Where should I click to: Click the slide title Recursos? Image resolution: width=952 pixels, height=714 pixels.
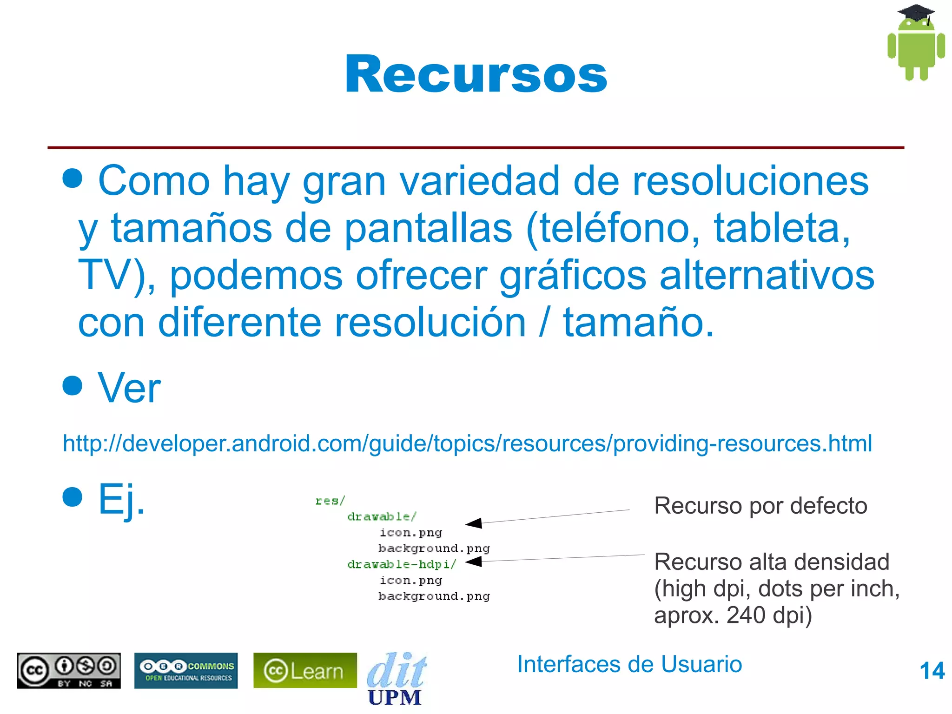(476, 74)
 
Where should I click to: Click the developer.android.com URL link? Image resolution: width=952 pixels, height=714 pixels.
(467, 443)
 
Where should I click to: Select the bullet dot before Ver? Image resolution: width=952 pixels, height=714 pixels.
(73, 385)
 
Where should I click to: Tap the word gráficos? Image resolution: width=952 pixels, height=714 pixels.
(573, 275)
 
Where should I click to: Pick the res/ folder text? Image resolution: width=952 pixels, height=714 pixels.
(330, 501)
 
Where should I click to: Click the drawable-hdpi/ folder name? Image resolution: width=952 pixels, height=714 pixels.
(401, 564)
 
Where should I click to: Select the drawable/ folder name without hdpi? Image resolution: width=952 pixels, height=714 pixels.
(382, 516)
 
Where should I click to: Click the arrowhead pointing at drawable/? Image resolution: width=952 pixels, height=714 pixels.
(474, 523)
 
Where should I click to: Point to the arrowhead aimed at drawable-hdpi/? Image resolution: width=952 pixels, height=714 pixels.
(474, 562)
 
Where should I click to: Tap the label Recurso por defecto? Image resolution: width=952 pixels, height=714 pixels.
(760, 506)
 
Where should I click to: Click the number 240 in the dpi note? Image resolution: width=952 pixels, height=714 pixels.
(746, 615)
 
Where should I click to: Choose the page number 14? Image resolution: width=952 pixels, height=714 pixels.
(932, 671)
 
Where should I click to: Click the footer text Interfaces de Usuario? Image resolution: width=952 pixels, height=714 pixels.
(629, 664)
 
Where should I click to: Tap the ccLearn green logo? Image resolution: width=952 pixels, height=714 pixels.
(305, 670)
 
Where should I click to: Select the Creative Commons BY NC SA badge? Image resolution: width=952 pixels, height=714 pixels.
(69, 670)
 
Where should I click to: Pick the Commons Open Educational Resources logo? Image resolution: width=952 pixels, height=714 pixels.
(186, 670)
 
